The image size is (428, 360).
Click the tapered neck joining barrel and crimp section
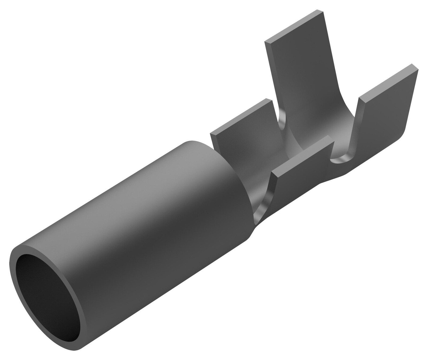point(267,214)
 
